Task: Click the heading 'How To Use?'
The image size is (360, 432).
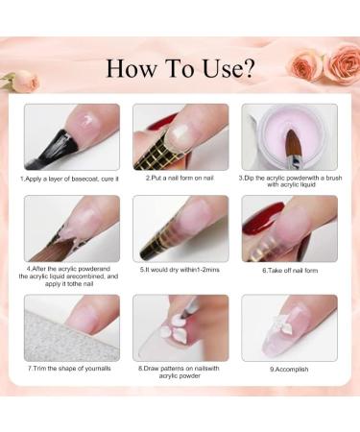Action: tap(180, 69)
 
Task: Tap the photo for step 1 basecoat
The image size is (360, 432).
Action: tap(71, 136)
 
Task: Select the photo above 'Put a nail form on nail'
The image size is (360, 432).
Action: tap(180, 136)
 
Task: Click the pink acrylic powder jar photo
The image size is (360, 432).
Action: tap(289, 136)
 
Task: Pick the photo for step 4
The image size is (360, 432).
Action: tap(71, 228)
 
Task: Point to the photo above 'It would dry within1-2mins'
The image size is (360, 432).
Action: tap(180, 228)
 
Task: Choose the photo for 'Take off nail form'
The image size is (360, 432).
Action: tap(289, 228)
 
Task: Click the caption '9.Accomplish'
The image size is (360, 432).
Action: tap(289, 369)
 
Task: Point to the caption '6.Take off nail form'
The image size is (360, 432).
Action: tap(289, 272)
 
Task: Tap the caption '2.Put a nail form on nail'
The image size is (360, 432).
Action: tap(180, 178)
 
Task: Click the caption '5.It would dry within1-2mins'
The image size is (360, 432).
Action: tap(180, 272)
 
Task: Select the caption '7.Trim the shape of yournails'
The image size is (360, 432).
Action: tap(71, 369)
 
